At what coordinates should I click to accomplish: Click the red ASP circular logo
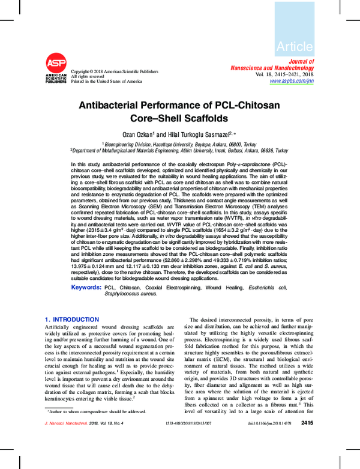click(x=55, y=63)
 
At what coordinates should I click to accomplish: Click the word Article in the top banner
click(x=294, y=47)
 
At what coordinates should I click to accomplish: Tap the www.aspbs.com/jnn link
click(x=291, y=80)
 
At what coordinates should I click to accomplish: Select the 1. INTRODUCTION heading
click(x=72, y=319)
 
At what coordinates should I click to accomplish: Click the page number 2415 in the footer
click(x=307, y=423)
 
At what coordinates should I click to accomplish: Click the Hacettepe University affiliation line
click(x=179, y=144)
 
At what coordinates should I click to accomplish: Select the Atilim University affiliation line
click(x=179, y=151)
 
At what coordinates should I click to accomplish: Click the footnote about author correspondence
click(x=96, y=411)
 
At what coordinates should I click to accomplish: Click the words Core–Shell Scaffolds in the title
click(x=179, y=118)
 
